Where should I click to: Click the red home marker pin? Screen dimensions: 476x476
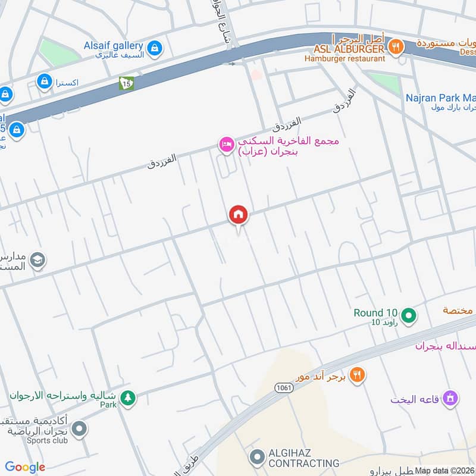(239, 215)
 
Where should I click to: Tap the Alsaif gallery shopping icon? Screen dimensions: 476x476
(154, 48)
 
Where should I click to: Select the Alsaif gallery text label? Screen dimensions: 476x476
(113, 45)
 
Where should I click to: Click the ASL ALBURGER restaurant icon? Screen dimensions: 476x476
(394, 46)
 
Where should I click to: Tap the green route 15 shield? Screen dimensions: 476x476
(126, 83)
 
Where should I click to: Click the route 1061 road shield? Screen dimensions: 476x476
(283, 387)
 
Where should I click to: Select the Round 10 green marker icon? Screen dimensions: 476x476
(408, 315)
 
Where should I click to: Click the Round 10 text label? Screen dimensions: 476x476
(375, 313)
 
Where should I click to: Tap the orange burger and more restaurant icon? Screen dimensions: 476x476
(357, 375)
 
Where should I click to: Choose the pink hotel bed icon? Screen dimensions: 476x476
(226, 145)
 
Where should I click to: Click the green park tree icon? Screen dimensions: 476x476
(127, 397)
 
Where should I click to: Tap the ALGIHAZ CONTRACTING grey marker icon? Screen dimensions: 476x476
(257, 457)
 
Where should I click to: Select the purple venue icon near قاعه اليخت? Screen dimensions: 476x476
(450, 398)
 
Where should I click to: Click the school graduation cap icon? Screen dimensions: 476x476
(37, 261)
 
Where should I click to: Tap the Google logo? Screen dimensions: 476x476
(25, 467)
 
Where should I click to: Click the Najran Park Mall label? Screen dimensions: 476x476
(440, 98)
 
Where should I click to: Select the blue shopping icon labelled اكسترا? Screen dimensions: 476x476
(44, 82)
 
